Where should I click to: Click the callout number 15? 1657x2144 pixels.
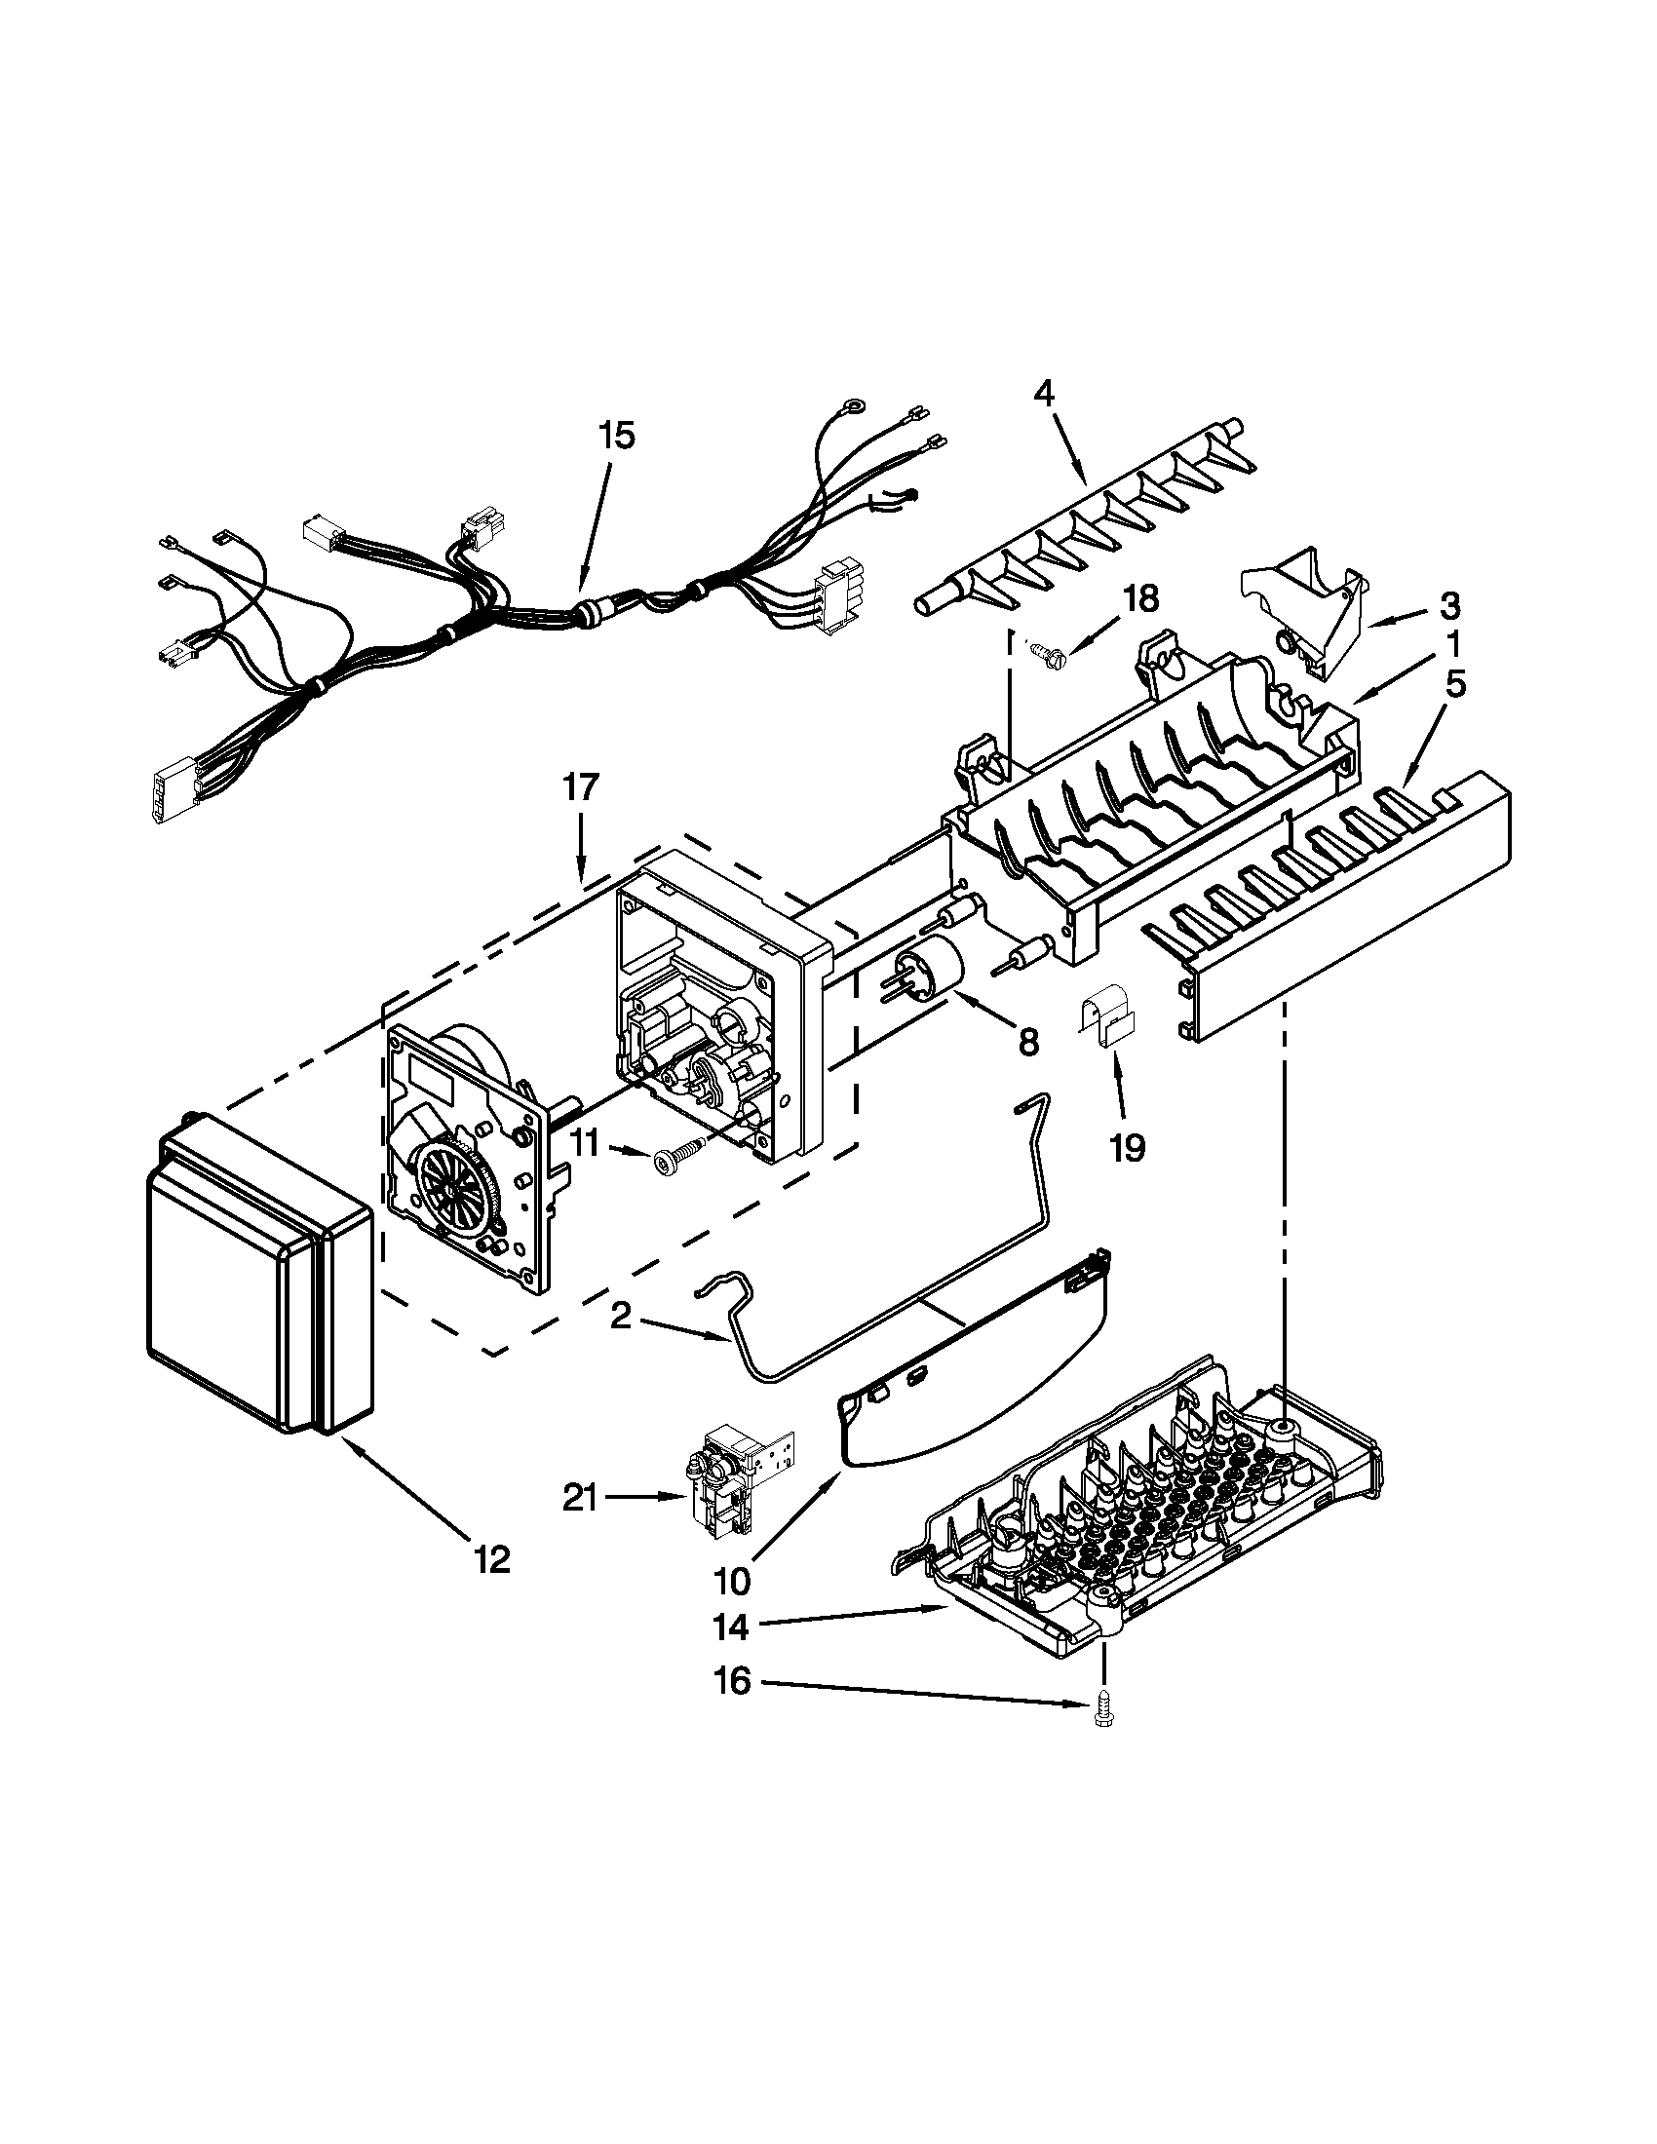(617, 436)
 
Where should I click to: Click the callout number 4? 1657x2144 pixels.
(1043, 395)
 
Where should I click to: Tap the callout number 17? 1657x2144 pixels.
(580, 787)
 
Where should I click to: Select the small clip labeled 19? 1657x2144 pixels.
(1109, 1023)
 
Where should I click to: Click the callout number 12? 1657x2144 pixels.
(492, 1559)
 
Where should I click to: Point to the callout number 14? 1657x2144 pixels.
(731, 1627)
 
